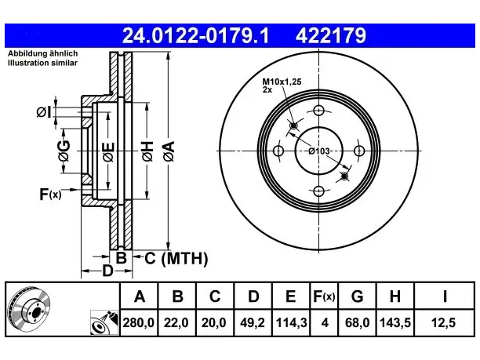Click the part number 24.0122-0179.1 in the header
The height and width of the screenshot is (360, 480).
(x=195, y=35)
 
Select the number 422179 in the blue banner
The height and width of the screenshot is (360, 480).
(x=331, y=35)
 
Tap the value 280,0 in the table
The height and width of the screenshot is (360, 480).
(x=138, y=322)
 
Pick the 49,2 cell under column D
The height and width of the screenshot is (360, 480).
(x=253, y=322)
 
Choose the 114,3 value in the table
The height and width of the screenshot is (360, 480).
(x=291, y=322)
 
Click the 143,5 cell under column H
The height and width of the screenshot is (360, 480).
(x=395, y=322)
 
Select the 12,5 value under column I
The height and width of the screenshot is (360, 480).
(x=443, y=322)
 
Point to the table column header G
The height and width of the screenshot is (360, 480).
(x=357, y=296)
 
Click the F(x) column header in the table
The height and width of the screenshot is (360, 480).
(x=324, y=296)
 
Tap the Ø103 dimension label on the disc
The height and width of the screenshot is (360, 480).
(x=318, y=151)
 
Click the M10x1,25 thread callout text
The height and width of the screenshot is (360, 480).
(x=282, y=82)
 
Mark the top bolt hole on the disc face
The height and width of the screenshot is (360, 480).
(x=318, y=111)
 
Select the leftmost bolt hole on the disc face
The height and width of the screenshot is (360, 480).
(x=278, y=151)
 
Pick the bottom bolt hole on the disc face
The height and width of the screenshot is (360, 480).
(x=318, y=191)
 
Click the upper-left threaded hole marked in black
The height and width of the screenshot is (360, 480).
(x=293, y=125)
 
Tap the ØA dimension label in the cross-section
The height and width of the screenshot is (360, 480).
(x=169, y=151)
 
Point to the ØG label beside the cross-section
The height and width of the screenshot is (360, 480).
(x=64, y=151)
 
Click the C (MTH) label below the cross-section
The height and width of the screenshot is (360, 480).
(x=176, y=259)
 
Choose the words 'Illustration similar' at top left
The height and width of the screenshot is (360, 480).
(x=42, y=63)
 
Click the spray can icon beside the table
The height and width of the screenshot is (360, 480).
(x=104, y=322)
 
